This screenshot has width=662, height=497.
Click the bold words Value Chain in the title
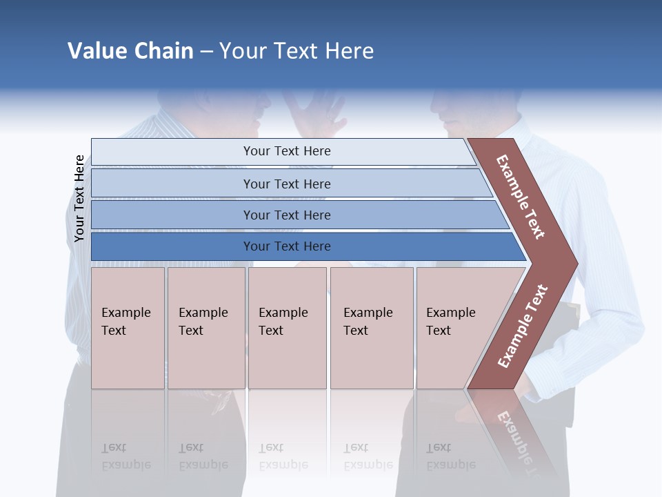click(130, 51)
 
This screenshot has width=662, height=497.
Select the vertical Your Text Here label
click(79, 198)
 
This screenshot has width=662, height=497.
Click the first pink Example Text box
click(128, 328)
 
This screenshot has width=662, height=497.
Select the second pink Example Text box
click(206, 328)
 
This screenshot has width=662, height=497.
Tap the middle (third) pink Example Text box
click(287, 328)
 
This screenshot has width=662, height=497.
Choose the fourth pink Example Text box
click(372, 328)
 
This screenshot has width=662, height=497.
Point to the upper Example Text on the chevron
click(521, 197)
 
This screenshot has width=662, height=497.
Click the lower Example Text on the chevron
click(522, 327)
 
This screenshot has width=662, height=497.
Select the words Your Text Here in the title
click(297, 51)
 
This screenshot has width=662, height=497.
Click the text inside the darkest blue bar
click(287, 246)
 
